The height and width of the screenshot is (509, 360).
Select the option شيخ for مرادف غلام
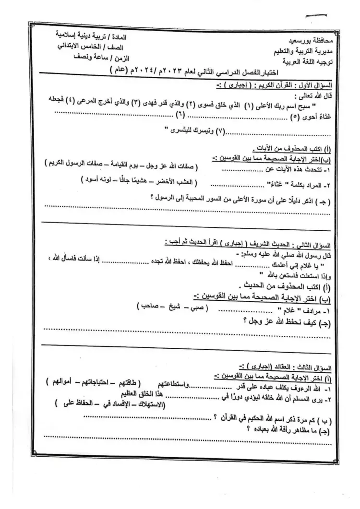coord(168,307)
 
